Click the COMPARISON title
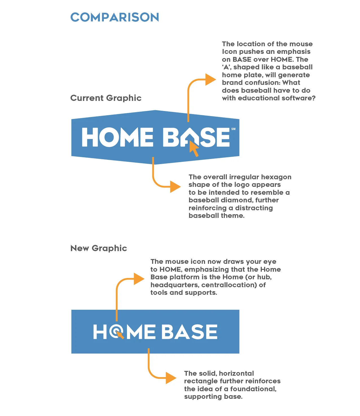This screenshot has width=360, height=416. click(115, 17)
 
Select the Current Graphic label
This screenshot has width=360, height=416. click(106, 98)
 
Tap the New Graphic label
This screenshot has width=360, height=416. click(98, 248)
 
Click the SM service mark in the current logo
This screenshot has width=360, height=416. click(233, 129)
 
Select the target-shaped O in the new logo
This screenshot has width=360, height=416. click(116, 331)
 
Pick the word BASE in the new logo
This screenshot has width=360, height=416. click(189, 332)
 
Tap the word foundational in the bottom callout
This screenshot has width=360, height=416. click(253, 389)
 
